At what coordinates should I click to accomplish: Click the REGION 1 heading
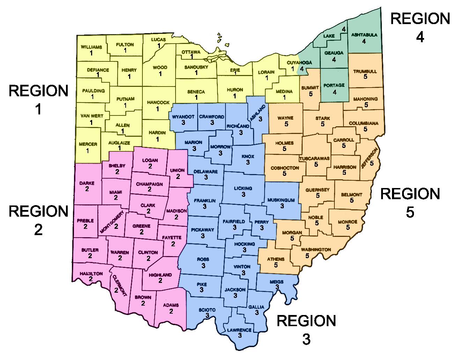point(38,99)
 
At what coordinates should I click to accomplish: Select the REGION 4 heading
point(420,27)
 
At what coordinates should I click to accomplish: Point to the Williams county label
point(91,47)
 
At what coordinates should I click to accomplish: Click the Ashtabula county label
point(364,35)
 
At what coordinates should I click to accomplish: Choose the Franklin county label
point(205,201)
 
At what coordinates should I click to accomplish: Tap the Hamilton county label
point(91,274)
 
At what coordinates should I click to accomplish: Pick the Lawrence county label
point(239,330)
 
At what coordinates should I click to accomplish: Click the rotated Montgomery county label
point(112,222)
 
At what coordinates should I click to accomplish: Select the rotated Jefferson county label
point(369,158)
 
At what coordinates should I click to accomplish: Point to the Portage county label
point(334,85)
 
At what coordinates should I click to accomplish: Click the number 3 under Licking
point(243,194)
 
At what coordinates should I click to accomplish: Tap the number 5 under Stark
point(323,124)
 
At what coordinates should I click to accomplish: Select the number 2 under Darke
point(87,189)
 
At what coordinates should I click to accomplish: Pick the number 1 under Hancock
point(157,109)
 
